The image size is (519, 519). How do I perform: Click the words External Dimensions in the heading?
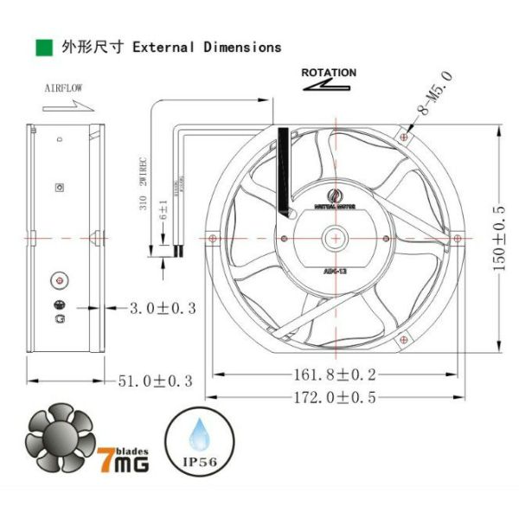207,47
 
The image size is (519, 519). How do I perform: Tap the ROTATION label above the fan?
328,73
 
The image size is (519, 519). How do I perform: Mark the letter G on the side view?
60,317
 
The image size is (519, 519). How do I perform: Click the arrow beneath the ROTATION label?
328,87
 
